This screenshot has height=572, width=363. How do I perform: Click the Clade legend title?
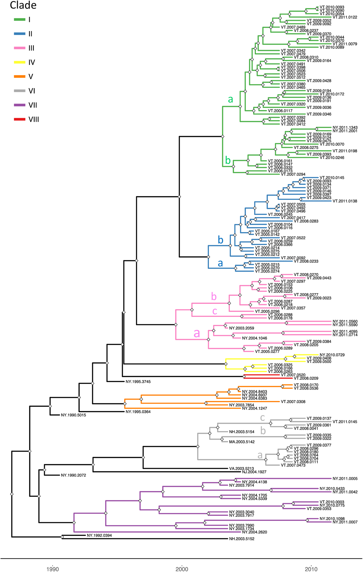pyautogui.click(x=23, y=5)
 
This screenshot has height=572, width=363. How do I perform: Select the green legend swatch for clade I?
pyautogui.click(x=19, y=19)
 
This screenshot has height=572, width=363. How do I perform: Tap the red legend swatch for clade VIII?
pyautogui.click(x=19, y=119)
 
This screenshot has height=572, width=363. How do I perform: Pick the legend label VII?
pyautogui.click(x=33, y=105)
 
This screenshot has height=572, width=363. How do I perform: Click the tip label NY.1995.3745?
pyautogui.click(x=138, y=382)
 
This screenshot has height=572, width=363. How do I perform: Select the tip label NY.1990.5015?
pyautogui.click(x=73, y=415)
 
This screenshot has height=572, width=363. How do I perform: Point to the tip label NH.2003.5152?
pyautogui.click(x=242, y=539)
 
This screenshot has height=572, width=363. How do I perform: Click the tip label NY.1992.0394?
pyautogui.click(x=99, y=535)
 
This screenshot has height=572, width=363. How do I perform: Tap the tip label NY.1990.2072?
pyautogui.click(x=73, y=475)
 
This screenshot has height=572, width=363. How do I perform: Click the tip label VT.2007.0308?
pyautogui.click(x=293, y=402)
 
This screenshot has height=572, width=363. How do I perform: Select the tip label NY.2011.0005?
pyautogui.click(x=345, y=479)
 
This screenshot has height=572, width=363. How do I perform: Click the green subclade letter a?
pyautogui.click(x=230, y=99)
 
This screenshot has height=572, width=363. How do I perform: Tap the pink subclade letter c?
pyautogui.click(x=215, y=311)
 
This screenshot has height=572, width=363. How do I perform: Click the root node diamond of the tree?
pyautogui.click(x=12, y=494)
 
